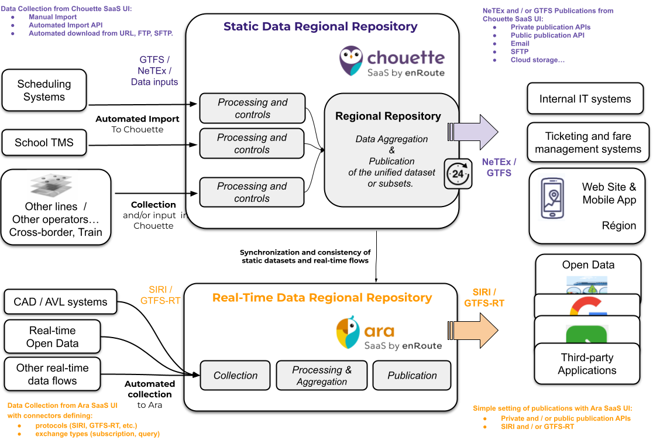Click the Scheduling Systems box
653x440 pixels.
[44, 90]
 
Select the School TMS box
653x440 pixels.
[44, 142]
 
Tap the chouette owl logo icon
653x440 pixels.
[351, 61]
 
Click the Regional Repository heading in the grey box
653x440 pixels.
[388, 116]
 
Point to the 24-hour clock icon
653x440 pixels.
[458, 174]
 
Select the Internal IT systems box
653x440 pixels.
[585, 99]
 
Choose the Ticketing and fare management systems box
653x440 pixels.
[588, 143]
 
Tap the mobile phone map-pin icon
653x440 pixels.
[552, 198]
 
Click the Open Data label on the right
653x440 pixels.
[588, 264]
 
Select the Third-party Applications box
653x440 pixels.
[587, 364]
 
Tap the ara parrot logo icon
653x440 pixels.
[348, 333]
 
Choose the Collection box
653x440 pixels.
[235, 376]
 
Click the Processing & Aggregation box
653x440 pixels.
[322, 376]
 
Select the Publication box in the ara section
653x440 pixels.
[412, 376]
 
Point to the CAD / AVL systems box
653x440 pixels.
[60, 302]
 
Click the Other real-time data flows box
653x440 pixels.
[52, 374]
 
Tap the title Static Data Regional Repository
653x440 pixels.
[321, 26]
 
